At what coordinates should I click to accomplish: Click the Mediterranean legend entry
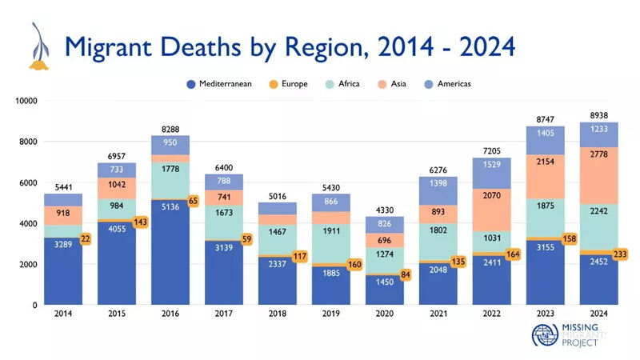point(218,83)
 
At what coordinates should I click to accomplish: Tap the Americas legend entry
point(447,83)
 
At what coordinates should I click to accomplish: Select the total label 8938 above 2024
point(598,114)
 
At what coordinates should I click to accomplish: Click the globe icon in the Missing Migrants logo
point(546,338)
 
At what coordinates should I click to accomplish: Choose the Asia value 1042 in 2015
point(116,184)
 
